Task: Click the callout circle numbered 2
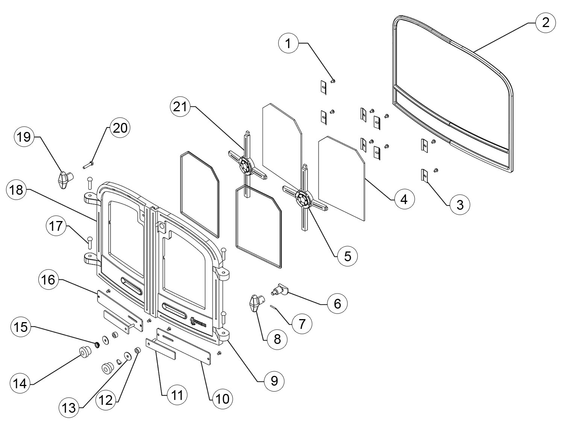pos(546,23)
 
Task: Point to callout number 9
pos(274,381)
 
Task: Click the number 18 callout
pos(17,190)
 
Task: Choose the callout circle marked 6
pos(337,303)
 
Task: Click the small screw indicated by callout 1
pos(333,81)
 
